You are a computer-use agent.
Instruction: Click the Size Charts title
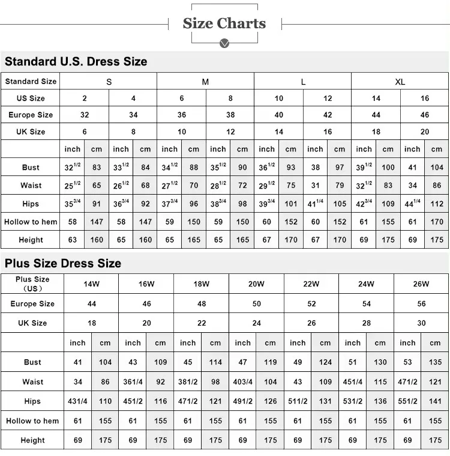coord(224,23)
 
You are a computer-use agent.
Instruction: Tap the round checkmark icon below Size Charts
coord(224,44)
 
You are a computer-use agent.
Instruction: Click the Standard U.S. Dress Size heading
coord(76,61)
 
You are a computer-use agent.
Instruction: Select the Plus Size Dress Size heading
coord(63,263)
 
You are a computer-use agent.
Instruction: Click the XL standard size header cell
coord(400,82)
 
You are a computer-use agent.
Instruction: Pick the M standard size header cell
coord(205,82)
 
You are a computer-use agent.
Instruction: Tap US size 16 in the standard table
coord(425,98)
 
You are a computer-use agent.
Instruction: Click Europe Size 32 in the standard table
coord(85,115)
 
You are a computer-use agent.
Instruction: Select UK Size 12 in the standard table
coord(230,132)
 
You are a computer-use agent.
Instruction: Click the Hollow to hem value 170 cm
coord(437,222)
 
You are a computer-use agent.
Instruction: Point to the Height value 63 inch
coord(72,240)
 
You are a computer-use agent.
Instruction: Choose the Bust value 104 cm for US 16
coord(437,168)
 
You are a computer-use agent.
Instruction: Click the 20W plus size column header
coord(256,284)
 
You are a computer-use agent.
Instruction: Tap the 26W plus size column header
coord(421,284)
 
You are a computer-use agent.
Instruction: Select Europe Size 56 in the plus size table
coord(421,304)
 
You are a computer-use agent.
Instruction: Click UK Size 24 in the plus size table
coord(256,323)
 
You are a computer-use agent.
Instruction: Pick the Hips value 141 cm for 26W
coord(435,401)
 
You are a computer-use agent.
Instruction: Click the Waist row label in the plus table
coord(32,382)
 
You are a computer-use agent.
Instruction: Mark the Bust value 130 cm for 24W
coord(380,362)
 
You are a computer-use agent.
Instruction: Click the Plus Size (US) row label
coord(32,284)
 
